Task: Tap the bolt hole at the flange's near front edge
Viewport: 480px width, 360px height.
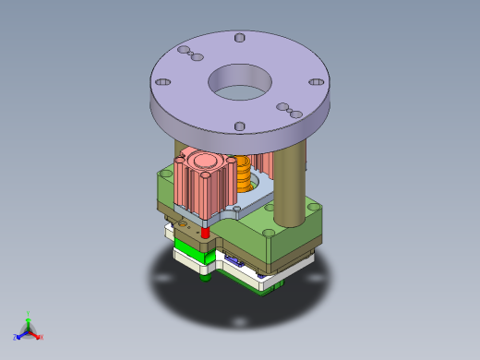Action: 239,126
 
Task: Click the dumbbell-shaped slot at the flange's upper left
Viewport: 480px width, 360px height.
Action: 189,53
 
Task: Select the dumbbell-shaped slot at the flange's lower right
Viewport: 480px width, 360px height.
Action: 289,110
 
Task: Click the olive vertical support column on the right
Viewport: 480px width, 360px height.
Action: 289,185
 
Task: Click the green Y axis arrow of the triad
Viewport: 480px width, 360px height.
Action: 29,316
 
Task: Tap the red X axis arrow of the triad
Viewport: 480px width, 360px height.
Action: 40,337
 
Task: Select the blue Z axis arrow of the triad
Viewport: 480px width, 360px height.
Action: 19,335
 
